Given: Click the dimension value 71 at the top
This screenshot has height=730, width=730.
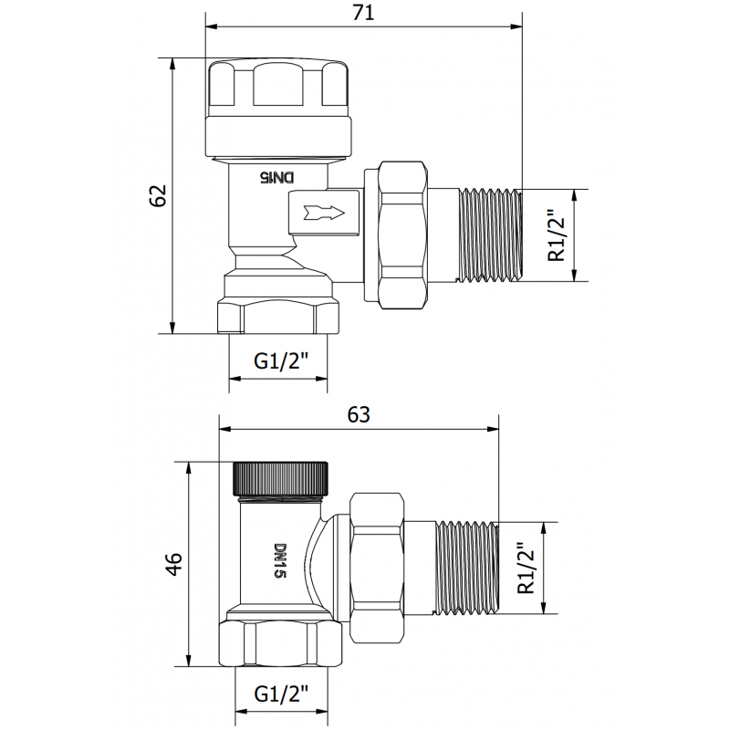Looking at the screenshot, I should click(362, 13).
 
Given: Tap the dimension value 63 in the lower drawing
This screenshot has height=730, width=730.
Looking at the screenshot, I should click(359, 415).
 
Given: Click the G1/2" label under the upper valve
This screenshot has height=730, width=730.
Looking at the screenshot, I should click(277, 362).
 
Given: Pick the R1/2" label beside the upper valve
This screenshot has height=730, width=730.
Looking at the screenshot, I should click(558, 235).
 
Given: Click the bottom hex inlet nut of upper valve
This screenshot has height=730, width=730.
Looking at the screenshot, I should click(277, 316).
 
